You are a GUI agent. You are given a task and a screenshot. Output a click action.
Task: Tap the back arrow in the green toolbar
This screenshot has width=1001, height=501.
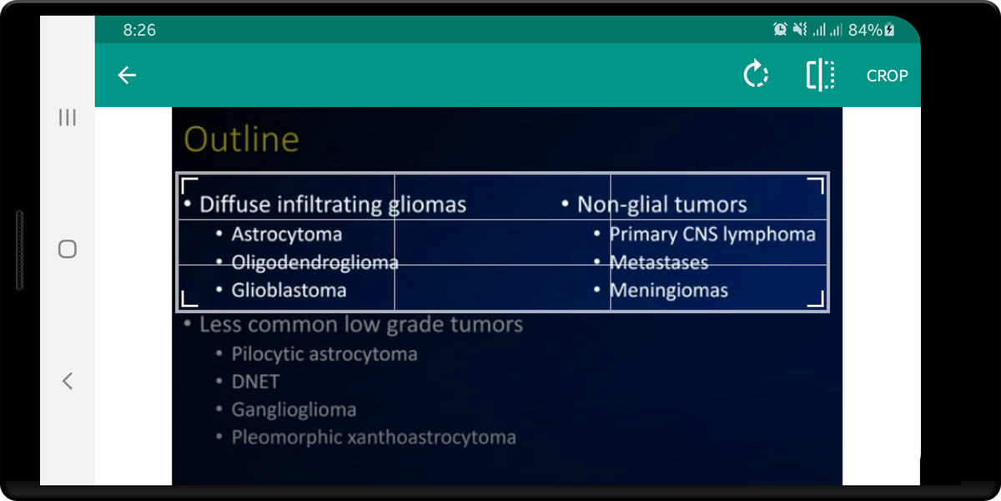coord(127,74)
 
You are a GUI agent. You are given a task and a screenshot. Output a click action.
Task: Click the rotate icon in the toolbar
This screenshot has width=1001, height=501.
coord(756,73)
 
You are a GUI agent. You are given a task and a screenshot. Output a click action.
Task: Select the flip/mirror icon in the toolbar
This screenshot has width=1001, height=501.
coord(821,74)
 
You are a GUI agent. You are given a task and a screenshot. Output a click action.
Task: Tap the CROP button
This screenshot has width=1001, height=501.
coord(887,76)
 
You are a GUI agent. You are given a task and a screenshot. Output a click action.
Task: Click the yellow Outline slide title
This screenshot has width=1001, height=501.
coord(241,139)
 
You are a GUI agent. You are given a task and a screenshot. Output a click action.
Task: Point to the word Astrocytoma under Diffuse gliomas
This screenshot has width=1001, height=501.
coord(287,235)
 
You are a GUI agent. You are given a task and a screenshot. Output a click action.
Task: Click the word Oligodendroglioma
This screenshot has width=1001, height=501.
coord(315,262)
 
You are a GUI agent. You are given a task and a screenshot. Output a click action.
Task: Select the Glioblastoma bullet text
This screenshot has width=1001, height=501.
coord(289,291)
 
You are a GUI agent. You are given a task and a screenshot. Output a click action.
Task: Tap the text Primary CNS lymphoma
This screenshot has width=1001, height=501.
coord(712,235)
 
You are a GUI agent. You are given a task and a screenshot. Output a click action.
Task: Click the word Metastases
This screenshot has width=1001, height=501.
coord(659,262)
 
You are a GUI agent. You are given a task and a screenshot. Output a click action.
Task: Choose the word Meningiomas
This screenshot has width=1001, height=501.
coord(669,291)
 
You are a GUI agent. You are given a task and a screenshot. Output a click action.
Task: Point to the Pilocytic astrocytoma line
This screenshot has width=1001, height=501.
coord(324,354)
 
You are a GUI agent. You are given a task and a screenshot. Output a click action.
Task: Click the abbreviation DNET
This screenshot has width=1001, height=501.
coord(255,382)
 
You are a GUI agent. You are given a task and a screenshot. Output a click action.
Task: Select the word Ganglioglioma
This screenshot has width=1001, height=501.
coord(294,410)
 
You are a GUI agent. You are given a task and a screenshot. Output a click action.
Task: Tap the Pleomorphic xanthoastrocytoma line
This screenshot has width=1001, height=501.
coord(374,438)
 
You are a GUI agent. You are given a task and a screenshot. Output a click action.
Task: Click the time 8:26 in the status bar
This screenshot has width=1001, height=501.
coord(139,30)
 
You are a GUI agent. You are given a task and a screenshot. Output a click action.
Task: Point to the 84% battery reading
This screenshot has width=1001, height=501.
coord(865,30)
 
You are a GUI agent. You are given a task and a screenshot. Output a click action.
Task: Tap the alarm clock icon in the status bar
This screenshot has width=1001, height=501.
coord(780,29)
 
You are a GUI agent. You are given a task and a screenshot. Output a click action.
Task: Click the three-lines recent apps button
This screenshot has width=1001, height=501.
coord(68,118)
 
